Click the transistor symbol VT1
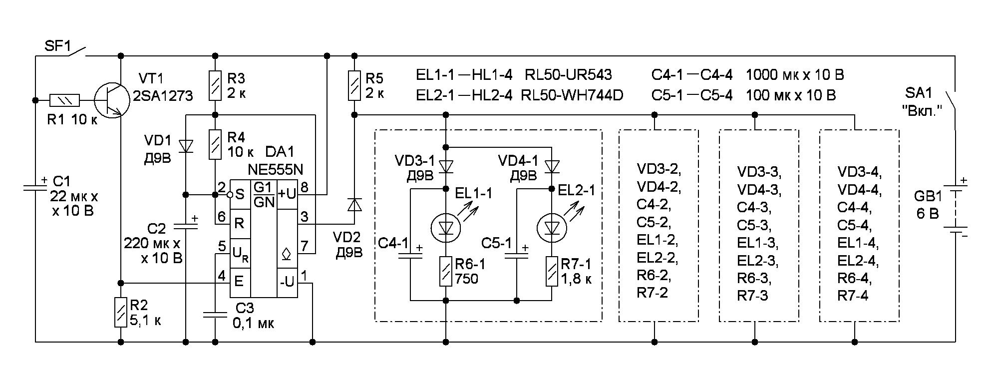coord(110,100)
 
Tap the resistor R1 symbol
coord(64,100)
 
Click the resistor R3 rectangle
coord(215,85)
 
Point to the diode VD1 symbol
coord(186,146)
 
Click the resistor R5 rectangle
coord(354,85)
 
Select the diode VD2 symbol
coord(354,205)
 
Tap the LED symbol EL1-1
coord(445,228)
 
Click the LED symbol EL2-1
coord(552,228)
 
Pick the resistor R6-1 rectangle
coord(445,271)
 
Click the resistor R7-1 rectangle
coord(552,271)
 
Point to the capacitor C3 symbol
coord(215,315)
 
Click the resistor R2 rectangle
coord(120,312)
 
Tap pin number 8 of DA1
coord(305,187)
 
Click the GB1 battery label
coord(928,196)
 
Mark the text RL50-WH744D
coord(572,95)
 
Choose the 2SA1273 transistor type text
coord(163,95)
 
